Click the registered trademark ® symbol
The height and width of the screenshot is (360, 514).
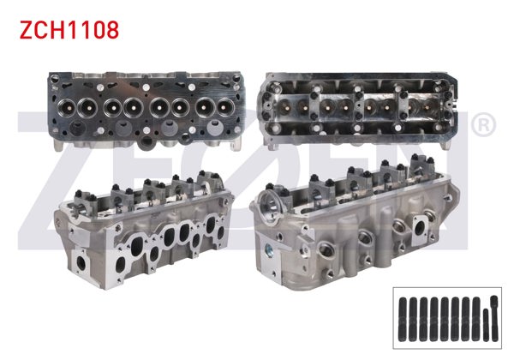pyautogui.click(x=483, y=126)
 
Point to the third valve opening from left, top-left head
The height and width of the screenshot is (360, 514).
pyautogui.click(x=112, y=108)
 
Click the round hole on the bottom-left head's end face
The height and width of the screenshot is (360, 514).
pyautogui.click(x=81, y=261)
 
